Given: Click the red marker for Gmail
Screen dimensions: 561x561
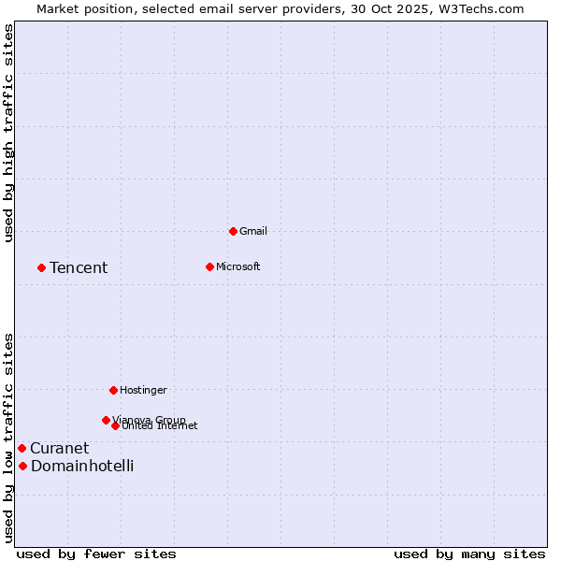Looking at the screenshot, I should coord(233,231).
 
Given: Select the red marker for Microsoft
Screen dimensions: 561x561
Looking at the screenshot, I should coord(209,266).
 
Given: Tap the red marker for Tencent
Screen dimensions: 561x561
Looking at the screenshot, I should coord(41,267).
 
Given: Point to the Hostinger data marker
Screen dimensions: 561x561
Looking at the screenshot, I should coord(113,390).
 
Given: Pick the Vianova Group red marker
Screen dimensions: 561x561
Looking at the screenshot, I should coord(106,420).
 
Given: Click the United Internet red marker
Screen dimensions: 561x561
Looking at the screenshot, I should coord(115,425).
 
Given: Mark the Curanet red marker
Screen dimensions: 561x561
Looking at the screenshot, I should coord(22,448).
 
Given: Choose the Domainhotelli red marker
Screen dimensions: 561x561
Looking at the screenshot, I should coord(22,466).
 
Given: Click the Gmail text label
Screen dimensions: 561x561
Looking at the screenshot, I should coord(253,231).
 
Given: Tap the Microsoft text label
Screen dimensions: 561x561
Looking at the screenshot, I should coord(237,266).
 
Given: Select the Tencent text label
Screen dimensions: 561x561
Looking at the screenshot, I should coord(79,268).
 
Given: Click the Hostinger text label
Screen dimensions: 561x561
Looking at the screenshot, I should coord(143,390).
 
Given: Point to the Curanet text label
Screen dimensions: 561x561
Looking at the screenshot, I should coord(59,449).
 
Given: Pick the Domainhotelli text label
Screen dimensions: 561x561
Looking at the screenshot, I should coord(82,467).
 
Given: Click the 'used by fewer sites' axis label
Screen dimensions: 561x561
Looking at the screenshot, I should coord(96,554).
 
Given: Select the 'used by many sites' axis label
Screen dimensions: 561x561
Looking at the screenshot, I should coord(469,554).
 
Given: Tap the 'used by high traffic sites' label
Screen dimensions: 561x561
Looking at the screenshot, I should coord(8,133).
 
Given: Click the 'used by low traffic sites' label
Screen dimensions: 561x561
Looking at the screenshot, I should coord(8,438).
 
